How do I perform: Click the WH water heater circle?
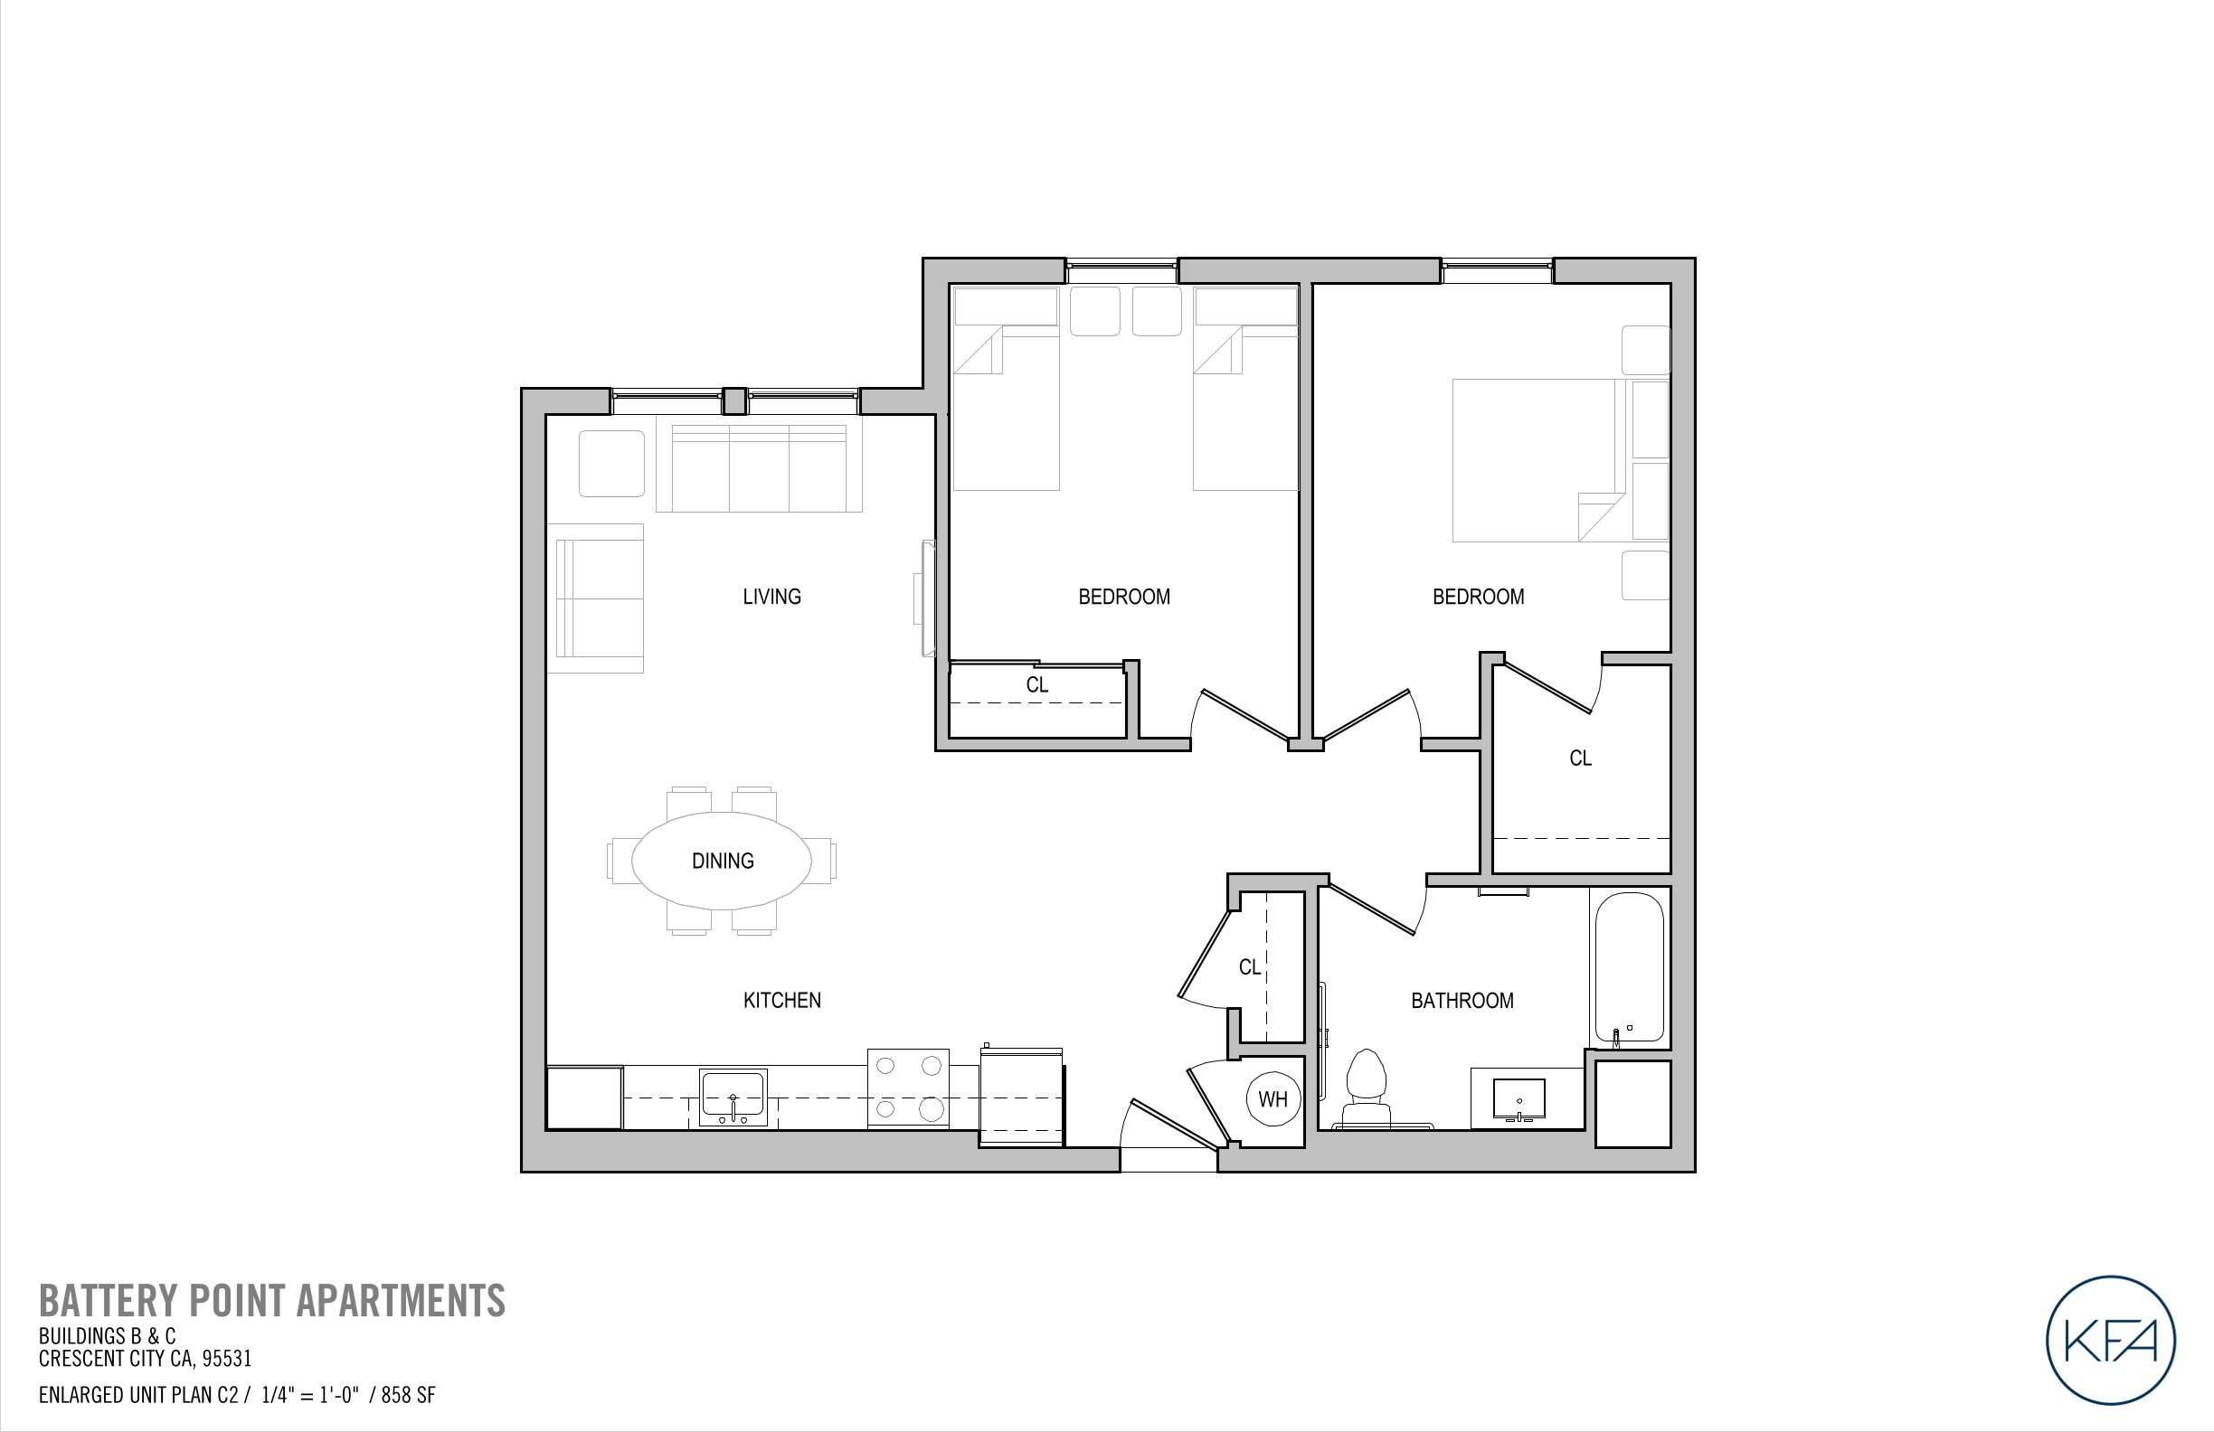[x=1273, y=1099]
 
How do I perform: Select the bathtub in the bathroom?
[x=1628, y=968]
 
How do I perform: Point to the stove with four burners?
[x=908, y=1088]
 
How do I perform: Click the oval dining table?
[x=722, y=860]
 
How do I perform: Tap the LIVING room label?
[x=771, y=597]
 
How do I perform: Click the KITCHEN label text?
[x=781, y=1001]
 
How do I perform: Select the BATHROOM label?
[x=1462, y=1001]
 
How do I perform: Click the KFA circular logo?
[x=2111, y=1340]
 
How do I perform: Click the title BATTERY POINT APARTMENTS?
[x=271, y=1301]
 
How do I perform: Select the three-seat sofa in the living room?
[x=759, y=467]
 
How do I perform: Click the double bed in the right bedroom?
[x=1539, y=459]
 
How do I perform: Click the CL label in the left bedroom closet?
[x=1037, y=685]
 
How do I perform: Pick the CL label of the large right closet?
[x=1580, y=758]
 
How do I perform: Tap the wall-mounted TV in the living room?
[x=925, y=598]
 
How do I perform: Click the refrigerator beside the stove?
[x=1021, y=1098]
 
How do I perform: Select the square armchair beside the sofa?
[x=611, y=463]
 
